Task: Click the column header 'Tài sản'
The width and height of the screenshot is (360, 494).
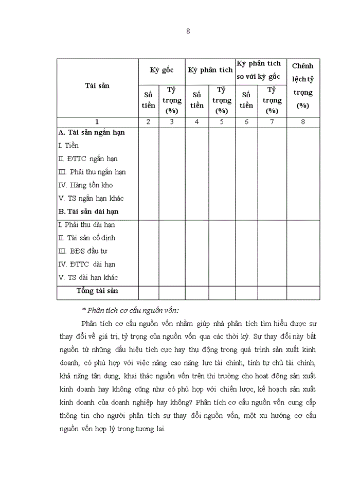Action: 97,86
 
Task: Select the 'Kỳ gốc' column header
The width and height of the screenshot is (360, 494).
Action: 161,70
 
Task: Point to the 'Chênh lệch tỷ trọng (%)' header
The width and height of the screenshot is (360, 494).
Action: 303,85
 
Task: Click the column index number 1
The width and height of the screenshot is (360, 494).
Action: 97,122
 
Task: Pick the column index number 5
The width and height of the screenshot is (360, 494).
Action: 222,122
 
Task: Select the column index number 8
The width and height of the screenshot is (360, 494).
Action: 303,122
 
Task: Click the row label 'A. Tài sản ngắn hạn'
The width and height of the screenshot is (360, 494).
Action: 92,132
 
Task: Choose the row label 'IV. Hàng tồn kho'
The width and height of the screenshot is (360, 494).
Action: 85,185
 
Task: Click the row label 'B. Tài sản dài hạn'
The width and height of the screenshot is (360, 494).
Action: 88,211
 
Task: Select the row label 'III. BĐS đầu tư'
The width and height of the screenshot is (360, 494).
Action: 82,251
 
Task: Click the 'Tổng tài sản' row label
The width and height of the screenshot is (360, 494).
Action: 97,291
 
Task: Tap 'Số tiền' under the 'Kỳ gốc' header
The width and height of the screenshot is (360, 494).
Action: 148,100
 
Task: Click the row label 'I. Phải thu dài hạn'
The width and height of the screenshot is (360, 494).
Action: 86,225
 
